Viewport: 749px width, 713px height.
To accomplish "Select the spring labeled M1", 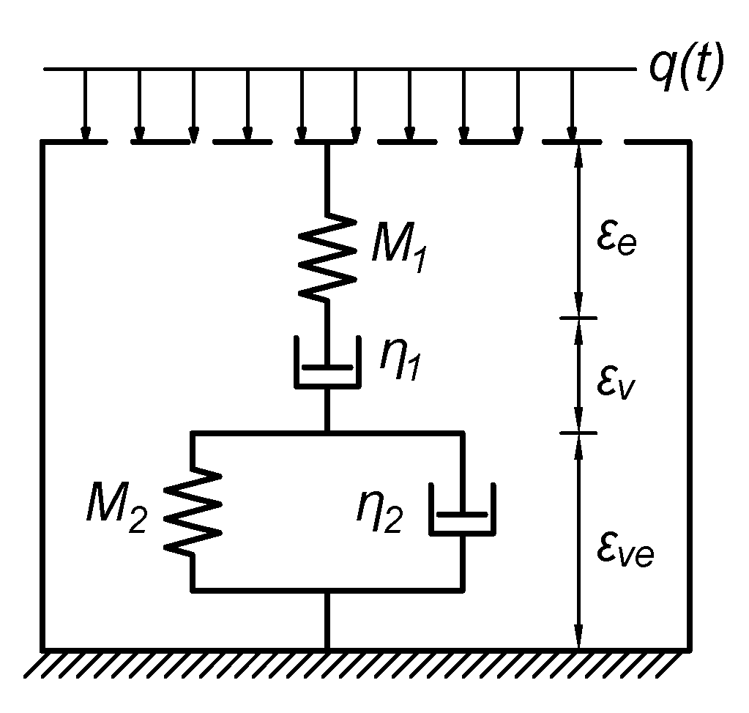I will coord(327,256).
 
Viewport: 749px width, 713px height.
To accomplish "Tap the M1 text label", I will coord(399,249).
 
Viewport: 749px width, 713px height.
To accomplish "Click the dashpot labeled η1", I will coord(327,362).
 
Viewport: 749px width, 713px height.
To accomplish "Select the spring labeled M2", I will coord(193,511).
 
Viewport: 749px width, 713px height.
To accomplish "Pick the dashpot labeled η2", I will coord(461,509).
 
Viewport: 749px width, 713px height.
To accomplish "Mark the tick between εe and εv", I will coord(578,318).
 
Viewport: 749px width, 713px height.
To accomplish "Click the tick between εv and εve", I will coord(578,432).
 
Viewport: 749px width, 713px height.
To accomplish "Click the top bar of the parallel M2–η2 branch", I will coord(327,433).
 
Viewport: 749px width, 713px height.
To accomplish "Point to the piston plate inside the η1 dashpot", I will coord(327,366).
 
